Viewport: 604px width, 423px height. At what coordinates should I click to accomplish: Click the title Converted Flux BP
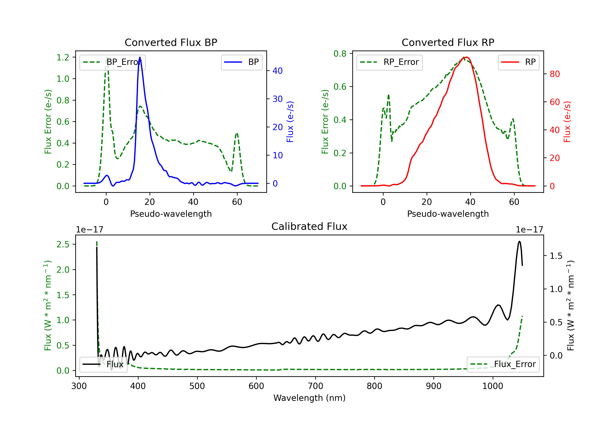171,42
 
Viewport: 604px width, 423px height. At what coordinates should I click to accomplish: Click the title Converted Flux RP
448,42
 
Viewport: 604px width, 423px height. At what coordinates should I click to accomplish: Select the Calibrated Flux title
309,226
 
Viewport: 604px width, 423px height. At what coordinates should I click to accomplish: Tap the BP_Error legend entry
112,62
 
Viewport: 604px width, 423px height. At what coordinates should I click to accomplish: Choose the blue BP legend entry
241,62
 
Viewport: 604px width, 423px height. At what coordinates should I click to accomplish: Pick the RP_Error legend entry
389,62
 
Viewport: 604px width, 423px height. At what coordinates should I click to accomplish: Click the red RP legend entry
518,62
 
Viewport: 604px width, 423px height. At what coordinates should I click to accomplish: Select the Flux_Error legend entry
503,364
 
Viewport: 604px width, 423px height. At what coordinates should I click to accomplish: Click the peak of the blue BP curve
140,57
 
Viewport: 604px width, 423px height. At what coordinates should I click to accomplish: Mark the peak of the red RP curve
466,57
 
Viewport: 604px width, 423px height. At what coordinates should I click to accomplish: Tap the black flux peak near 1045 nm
519,241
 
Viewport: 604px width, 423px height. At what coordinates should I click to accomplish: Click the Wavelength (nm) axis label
309,398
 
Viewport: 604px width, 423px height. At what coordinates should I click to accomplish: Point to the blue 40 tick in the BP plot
277,70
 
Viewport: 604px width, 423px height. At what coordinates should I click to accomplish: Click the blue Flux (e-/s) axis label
290,122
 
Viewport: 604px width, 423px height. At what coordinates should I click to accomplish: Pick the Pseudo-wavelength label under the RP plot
448,214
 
